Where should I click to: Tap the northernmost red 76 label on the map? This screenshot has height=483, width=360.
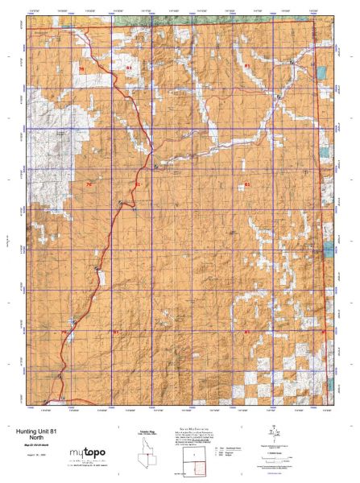[82, 71]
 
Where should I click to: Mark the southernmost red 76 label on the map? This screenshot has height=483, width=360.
[63, 332]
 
